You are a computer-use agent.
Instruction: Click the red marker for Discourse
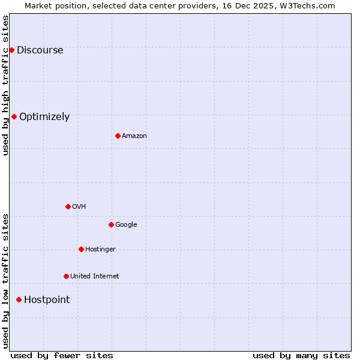tap(11, 50)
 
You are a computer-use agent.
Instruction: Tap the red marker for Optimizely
tap(14, 116)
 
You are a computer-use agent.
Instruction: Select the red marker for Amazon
tap(118, 136)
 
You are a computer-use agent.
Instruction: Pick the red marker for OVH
tap(68, 206)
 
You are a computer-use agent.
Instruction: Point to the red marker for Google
tap(111, 224)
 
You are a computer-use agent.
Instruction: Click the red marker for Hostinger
tap(81, 249)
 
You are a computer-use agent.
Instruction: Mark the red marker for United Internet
tap(66, 276)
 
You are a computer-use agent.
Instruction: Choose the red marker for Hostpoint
tap(19, 299)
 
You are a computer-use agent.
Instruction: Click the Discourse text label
tap(40, 50)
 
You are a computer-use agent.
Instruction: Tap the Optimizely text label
tap(44, 117)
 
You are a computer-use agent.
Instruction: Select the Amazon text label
tap(134, 136)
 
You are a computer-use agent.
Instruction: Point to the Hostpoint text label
tap(47, 300)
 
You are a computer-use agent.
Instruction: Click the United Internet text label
tap(95, 277)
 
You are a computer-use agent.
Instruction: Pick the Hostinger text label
tap(100, 250)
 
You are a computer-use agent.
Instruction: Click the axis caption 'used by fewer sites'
tap(62, 355)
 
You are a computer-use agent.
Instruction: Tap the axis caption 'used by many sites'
tap(301, 355)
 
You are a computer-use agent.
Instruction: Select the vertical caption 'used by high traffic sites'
tap(6, 85)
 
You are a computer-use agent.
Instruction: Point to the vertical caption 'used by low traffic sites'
tap(6, 281)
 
